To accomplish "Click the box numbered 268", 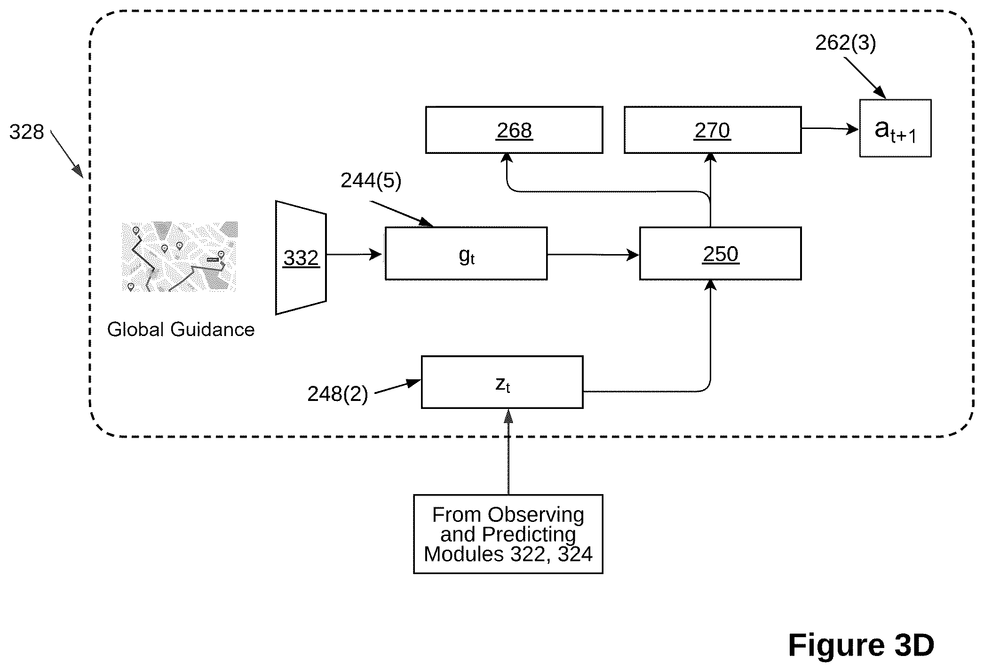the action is (x=514, y=130).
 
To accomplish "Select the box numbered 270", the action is (x=713, y=130).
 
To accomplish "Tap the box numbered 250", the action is (x=721, y=254).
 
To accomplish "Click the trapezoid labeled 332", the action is (x=301, y=258).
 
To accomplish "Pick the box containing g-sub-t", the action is (x=466, y=254).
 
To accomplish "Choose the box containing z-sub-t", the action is (x=502, y=382).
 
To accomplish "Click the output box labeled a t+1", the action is (x=895, y=128).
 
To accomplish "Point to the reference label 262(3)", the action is (x=845, y=43).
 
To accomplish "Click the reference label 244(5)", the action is (x=371, y=181).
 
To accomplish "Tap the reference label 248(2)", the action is (x=338, y=394).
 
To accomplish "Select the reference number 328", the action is (x=27, y=132).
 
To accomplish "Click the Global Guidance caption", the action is (x=181, y=329).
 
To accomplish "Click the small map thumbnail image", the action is (x=179, y=256).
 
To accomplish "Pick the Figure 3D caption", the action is (x=861, y=645).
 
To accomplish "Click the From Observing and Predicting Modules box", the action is (x=508, y=534).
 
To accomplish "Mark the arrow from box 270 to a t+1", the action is (x=830, y=128).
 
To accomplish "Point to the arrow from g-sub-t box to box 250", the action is (x=594, y=255).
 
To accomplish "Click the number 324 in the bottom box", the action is (x=575, y=554).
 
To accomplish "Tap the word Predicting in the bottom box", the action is (x=529, y=535).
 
